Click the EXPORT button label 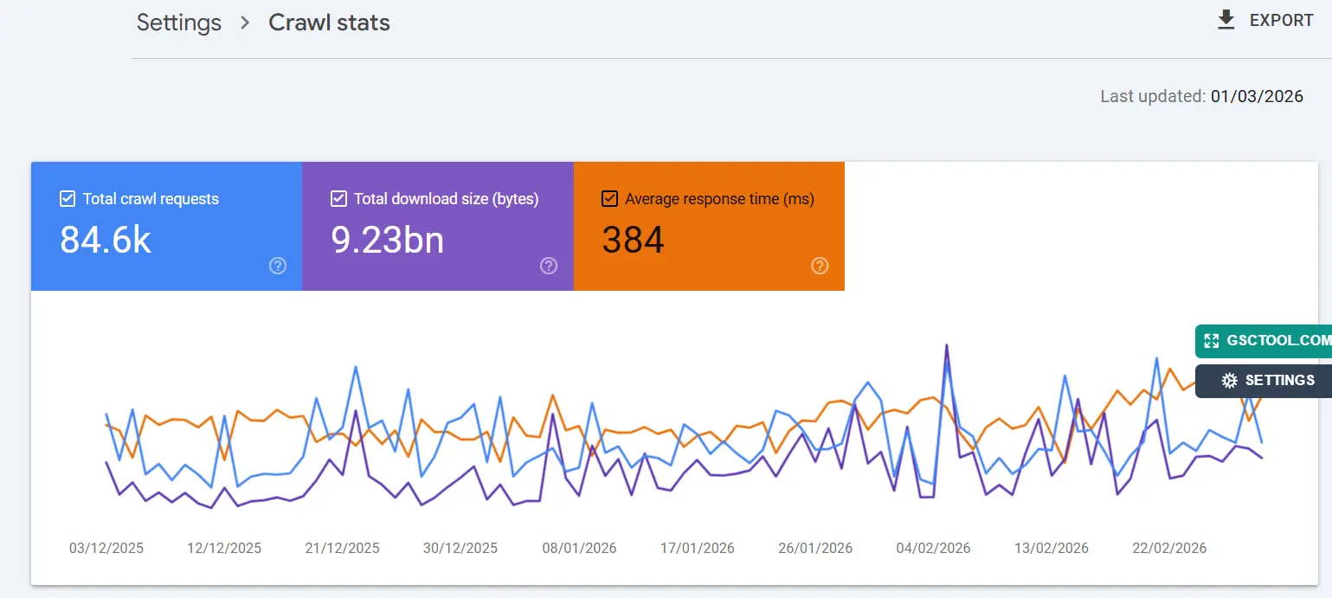pyautogui.click(x=1281, y=21)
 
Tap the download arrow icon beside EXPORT pyautogui.click(x=1226, y=21)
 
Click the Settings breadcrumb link pyautogui.click(x=179, y=23)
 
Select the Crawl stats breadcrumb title pyautogui.click(x=329, y=23)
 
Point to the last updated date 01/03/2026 pyautogui.click(x=1257, y=96)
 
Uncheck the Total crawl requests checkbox pyautogui.click(x=68, y=199)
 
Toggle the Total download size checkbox pyautogui.click(x=338, y=199)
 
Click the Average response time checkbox pyautogui.click(x=609, y=199)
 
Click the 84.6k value pyautogui.click(x=106, y=240)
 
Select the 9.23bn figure pyautogui.click(x=387, y=240)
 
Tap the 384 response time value pyautogui.click(x=633, y=240)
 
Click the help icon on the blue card pyautogui.click(x=278, y=266)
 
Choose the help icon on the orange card pyautogui.click(x=820, y=266)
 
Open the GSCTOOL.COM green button pyautogui.click(x=1264, y=341)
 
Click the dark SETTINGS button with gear pyautogui.click(x=1264, y=381)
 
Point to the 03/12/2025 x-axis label pyautogui.click(x=106, y=548)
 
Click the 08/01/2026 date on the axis pyautogui.click(x=579, y=548)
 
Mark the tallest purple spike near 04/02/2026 pyautogui.click(x=947, y=345)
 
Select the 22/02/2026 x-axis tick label pyautogui.click(x=1169, y=548)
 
